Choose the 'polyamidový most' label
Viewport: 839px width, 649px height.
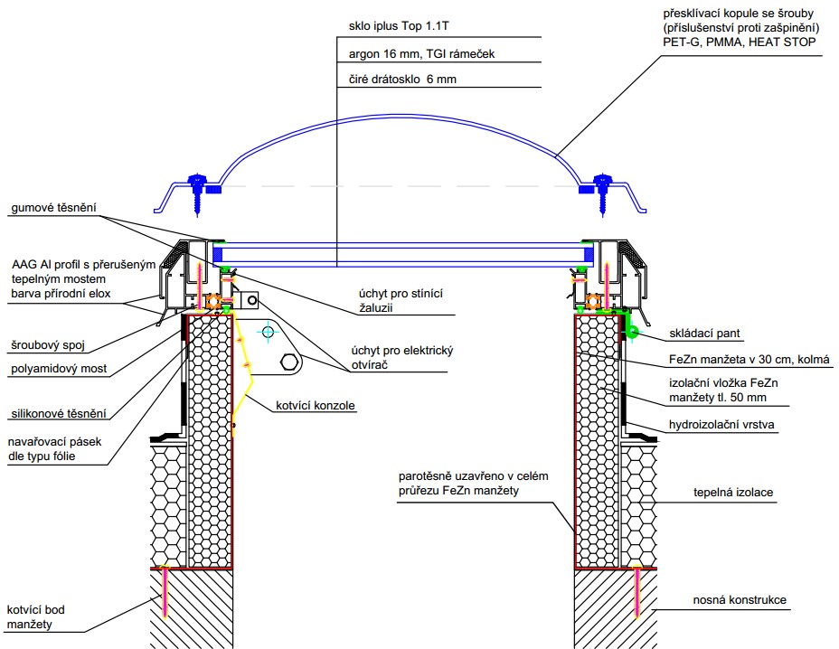(58, 370)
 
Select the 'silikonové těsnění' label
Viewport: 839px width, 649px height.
(59, 414)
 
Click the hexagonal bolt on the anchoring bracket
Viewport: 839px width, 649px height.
(290, 363)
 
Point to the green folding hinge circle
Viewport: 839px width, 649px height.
(635, 332)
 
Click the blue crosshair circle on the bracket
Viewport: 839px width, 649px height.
(269, 332)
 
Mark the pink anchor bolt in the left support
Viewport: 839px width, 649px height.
(165, 592)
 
